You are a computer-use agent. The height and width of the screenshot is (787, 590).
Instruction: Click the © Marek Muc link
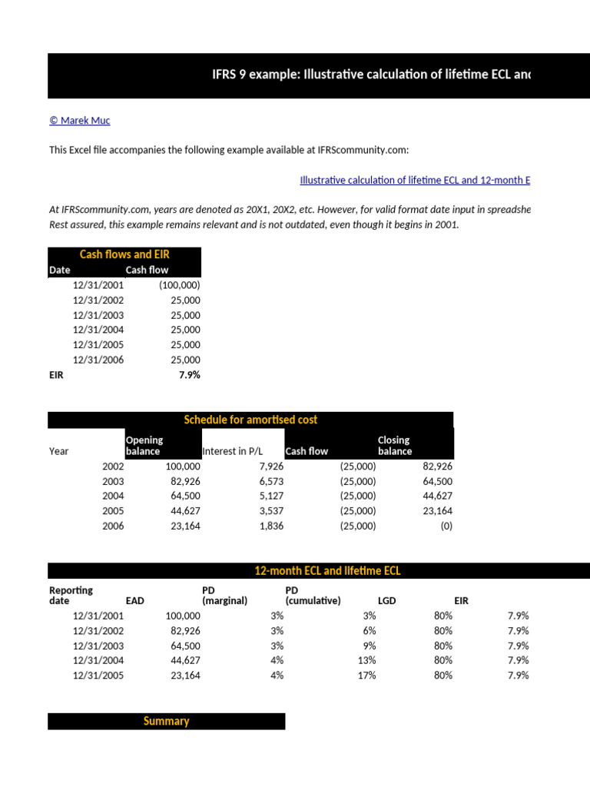coord(79,121)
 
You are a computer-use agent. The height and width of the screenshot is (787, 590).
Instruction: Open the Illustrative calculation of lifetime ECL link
coord(414,180)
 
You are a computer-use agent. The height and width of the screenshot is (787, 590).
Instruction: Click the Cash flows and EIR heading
coord(124,254)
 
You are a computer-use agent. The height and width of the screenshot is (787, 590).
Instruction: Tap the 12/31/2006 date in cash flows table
coord(98,360)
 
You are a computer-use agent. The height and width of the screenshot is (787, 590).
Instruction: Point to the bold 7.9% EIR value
coord(189,375)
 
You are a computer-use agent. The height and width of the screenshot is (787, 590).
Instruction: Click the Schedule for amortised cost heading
coord(250,420)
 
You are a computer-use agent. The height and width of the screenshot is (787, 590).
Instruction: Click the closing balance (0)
coord(446,526)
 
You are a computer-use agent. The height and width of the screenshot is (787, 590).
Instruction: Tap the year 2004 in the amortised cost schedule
coord(112,496)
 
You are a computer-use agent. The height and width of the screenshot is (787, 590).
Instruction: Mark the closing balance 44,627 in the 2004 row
coord(437,496)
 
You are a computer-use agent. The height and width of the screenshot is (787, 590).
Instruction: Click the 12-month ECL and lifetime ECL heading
coord(327,571)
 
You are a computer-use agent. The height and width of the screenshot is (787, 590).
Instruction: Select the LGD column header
coord(387,601)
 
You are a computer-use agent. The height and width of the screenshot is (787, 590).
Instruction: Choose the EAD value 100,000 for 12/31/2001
coord(183,616)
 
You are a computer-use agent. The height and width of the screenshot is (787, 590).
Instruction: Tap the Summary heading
coord(166,721)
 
